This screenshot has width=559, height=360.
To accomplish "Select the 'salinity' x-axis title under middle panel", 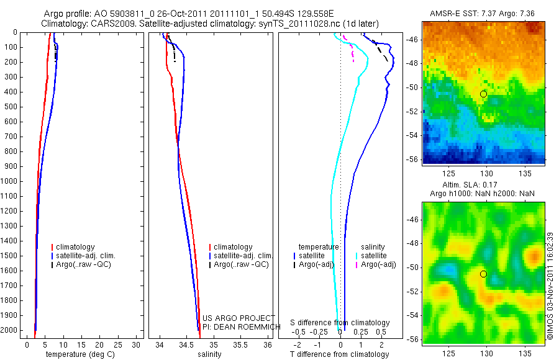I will click(209, 354).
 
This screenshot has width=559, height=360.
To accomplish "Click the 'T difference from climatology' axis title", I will click(339, 354).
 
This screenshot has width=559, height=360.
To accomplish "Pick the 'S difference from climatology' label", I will click(340, 323).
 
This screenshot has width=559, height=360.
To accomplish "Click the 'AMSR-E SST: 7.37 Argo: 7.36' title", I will click(483, 14).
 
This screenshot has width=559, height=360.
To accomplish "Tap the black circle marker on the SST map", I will click(483, 94).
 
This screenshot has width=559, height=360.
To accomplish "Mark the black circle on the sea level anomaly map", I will click(483, 274).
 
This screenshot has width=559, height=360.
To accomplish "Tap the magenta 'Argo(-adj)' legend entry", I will click(378, 264).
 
